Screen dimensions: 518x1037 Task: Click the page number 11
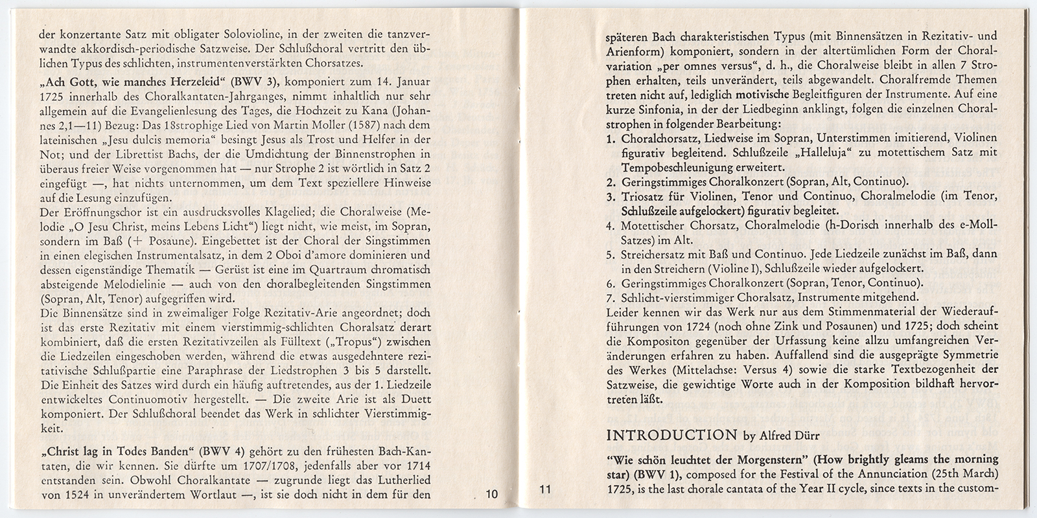click(544, 490)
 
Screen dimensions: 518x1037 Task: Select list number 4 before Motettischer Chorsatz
click(610, 225)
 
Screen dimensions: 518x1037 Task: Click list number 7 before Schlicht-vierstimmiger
click(610, 298)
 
